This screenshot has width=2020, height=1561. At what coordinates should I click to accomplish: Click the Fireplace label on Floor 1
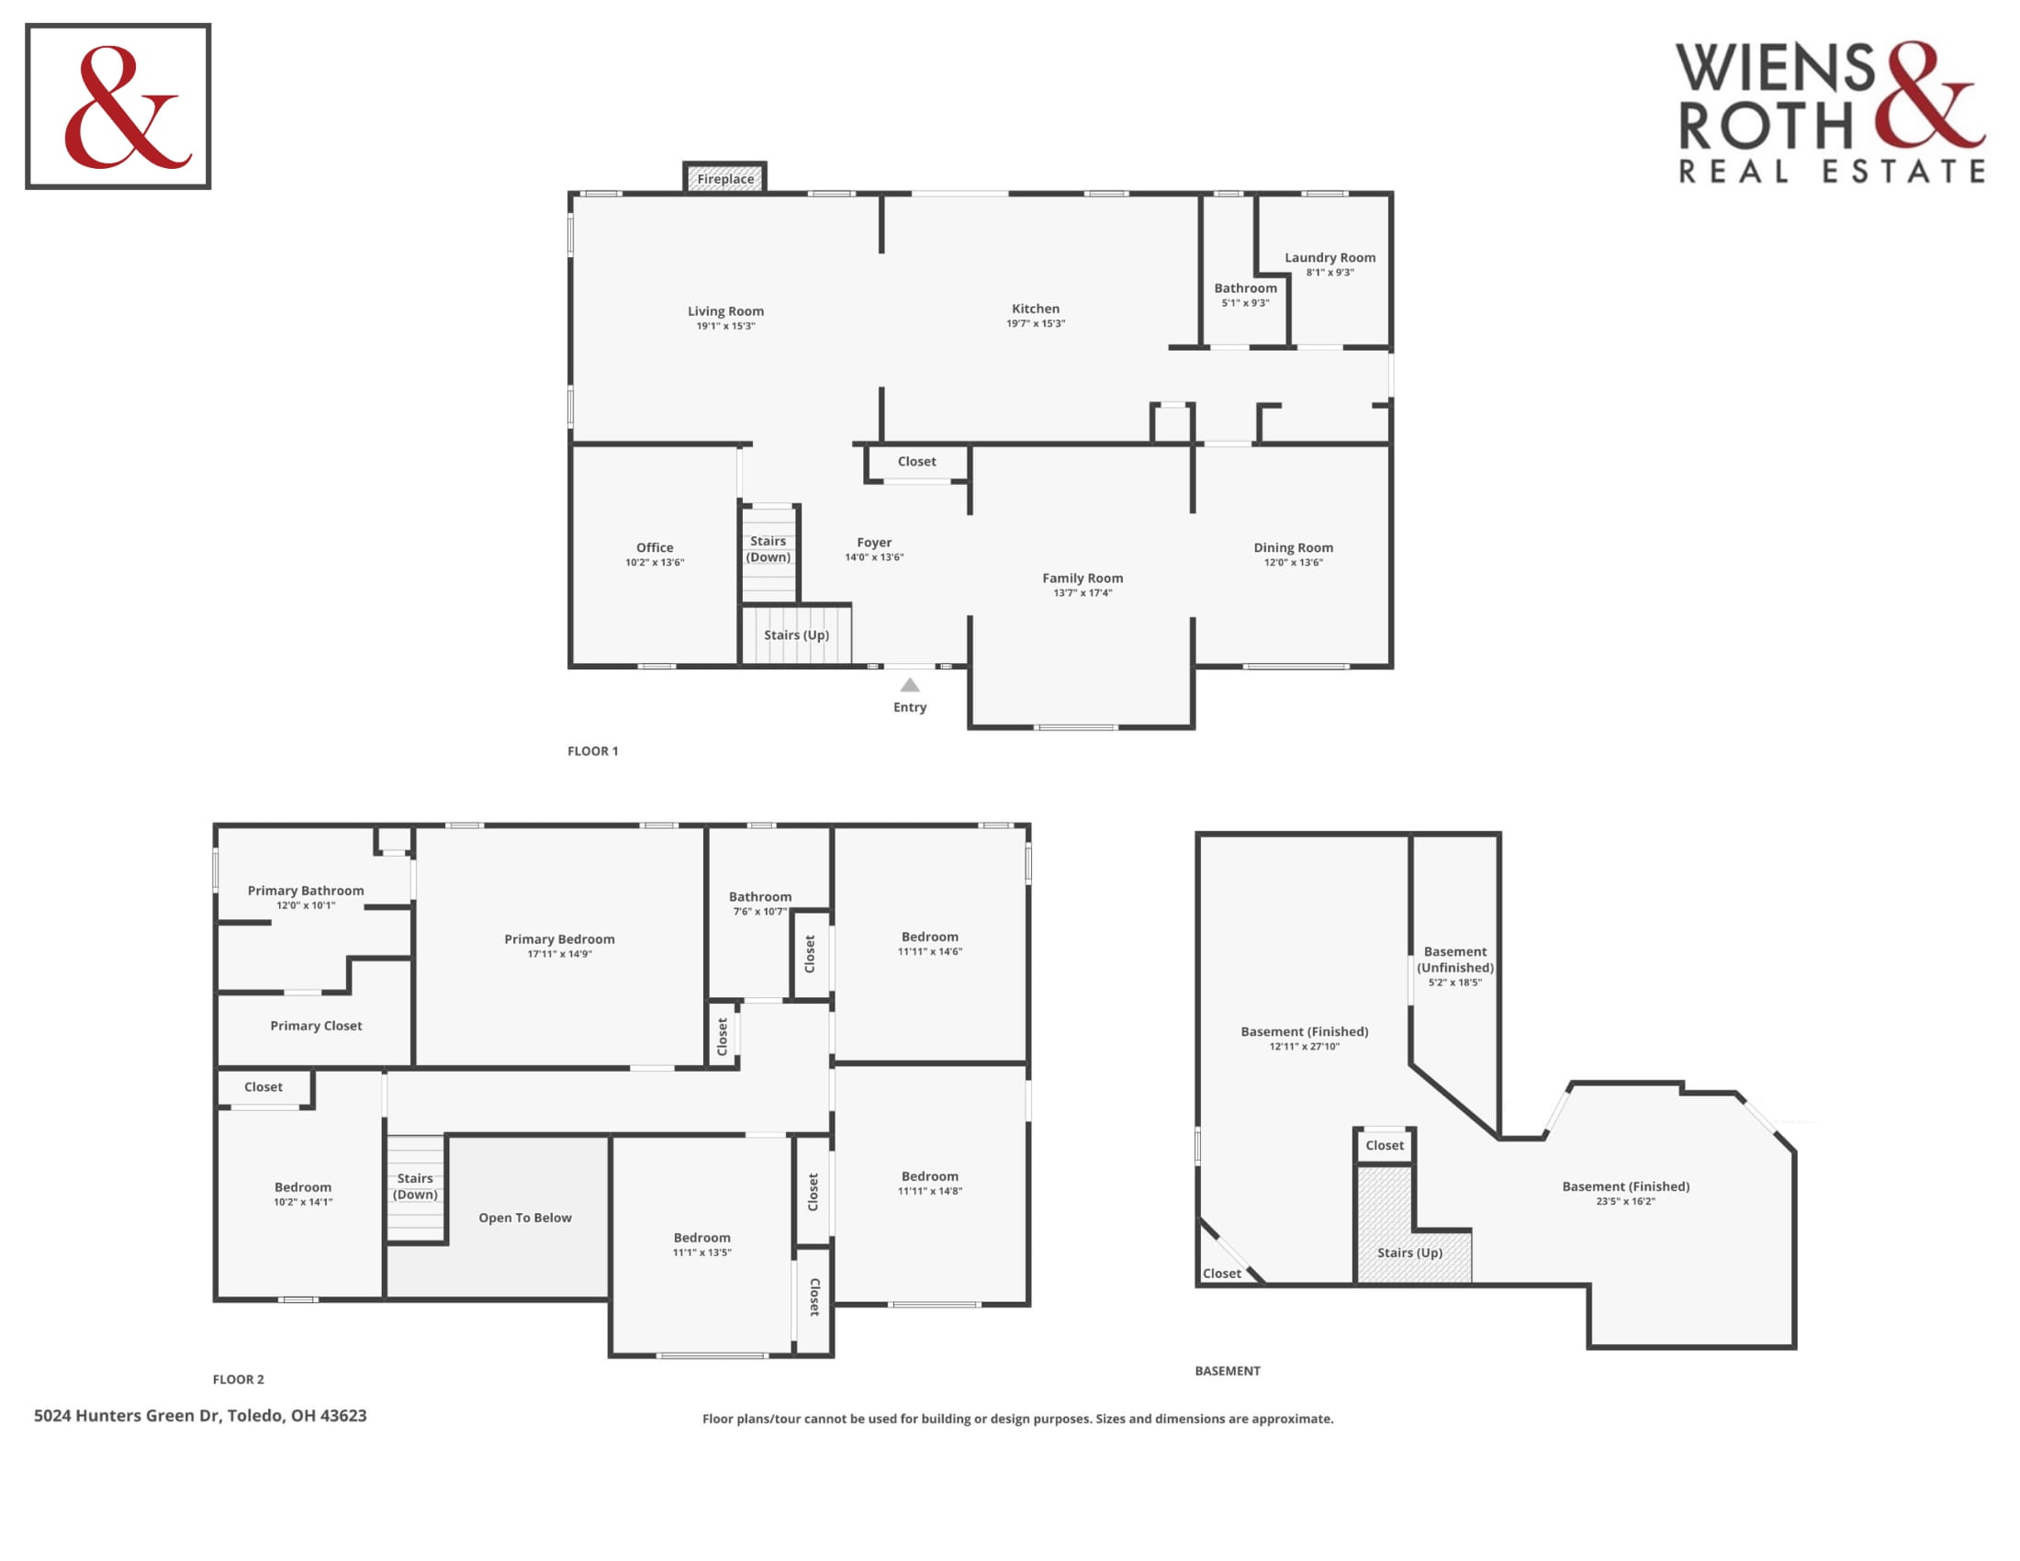coord(725,178)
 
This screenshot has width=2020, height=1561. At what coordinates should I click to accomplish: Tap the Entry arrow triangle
coord(910,684)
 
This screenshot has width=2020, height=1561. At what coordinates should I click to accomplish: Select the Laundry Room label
coord(1330,257)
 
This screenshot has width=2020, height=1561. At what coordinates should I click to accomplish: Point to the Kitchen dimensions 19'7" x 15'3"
coord(1036,323)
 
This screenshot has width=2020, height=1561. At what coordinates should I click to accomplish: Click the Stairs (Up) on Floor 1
coord(796,635)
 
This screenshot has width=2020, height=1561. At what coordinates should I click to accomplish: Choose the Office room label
coord(655,547)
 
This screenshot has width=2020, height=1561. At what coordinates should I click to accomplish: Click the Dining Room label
coord(1293,547)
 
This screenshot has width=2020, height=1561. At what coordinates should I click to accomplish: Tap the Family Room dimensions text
coord(1083,593)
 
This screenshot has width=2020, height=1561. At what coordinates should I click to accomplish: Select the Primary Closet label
coord(317,1026)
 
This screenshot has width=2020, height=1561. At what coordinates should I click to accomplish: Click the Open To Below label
coord(525,1218)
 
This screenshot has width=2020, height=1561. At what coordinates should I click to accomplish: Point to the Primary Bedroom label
coord(559,938)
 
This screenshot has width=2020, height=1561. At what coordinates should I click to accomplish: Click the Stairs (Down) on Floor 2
coord(415,1186)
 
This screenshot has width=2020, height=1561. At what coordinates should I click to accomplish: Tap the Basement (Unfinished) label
coord(1455,959)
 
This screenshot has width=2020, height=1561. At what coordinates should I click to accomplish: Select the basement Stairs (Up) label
coord(1409,1253)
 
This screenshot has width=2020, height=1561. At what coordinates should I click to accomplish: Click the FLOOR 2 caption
coord(239,1379)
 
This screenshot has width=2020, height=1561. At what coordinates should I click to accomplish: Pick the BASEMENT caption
coord(1228,1371)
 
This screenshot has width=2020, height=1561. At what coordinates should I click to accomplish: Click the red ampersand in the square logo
coord(127,107)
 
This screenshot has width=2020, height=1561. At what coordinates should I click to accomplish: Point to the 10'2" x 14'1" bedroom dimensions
coord(302,1202)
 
